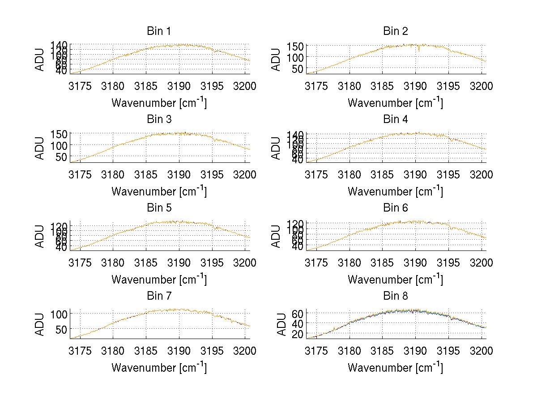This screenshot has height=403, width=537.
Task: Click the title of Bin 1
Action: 159,31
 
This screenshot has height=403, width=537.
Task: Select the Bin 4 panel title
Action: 396,119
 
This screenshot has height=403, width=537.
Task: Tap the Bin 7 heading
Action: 159,296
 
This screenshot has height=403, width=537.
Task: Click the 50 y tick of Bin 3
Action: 62,157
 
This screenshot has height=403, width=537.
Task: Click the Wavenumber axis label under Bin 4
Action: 396,191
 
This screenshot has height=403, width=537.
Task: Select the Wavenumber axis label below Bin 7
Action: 159,368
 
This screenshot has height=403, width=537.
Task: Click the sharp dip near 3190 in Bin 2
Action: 419,51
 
